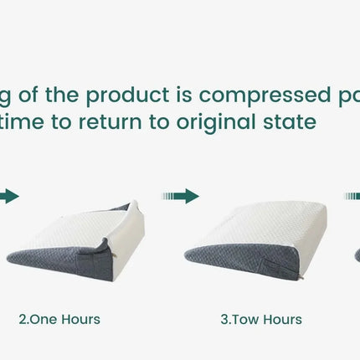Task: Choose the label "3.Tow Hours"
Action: click(x=260, y=319)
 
